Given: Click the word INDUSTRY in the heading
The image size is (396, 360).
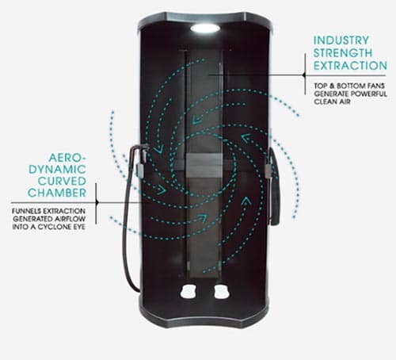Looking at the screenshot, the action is [x=341, y=40].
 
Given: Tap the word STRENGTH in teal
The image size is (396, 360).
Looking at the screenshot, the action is [x=343, y=53].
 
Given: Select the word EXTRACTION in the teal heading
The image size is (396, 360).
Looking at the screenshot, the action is [x=350, y=66].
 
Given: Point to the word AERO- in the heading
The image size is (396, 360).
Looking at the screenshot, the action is [x=67, y=158].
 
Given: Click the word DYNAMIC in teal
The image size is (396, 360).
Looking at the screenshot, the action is [x=57, y=170].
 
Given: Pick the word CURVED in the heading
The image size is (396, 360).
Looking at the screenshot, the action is [x=62, y=182].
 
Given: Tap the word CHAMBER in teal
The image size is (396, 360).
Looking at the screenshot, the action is [x=57, y=193].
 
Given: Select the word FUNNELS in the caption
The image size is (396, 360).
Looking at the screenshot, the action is [x=26, y=211].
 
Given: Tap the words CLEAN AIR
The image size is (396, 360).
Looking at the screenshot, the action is [x=332, y=101].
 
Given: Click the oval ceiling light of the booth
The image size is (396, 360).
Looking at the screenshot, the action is [x=205, y=28].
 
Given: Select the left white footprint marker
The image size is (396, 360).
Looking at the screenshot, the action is [x=188, y=291].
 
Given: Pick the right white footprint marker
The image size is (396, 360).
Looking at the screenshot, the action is [x=222, y=291].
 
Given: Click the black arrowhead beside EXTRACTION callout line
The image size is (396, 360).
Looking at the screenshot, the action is [x=304, y=75].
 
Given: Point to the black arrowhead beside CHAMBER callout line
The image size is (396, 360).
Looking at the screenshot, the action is [x=97, y=202].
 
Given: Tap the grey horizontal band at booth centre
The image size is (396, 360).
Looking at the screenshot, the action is [x=203, y=166].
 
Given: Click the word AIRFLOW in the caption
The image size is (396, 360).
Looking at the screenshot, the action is [x=70, y=219].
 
